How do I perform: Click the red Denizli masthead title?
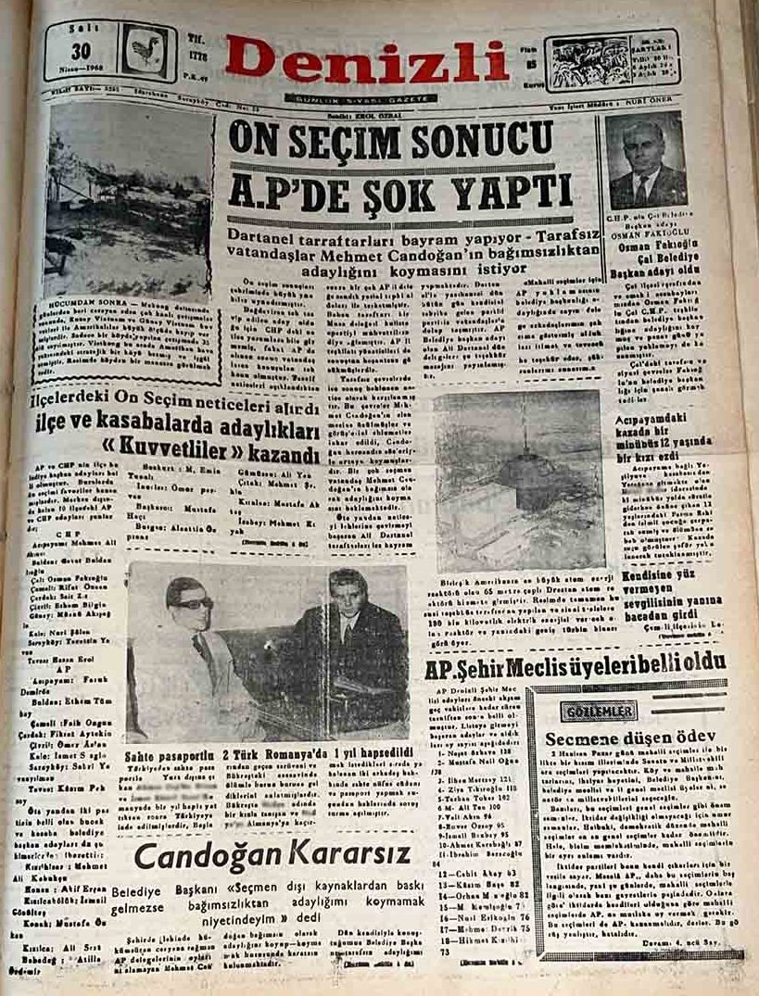tap(367, 61)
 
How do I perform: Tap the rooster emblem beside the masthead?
tap(144, 52)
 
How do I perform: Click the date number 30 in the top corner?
tap(82, 51)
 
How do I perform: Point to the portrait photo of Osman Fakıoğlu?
tap(646, 163)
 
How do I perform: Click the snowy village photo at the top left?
tap(127, 201)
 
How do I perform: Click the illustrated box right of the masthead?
tap(612, 59)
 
